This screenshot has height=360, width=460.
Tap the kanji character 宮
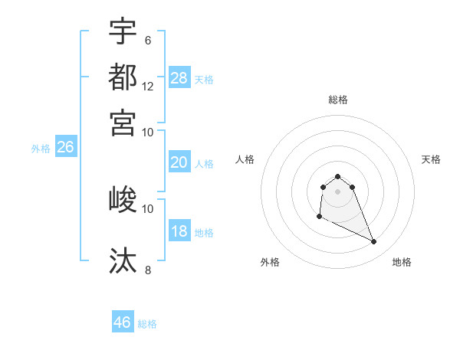[123, 123]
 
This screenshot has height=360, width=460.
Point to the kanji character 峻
[123, 200]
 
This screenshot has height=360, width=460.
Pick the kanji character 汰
[123, 260]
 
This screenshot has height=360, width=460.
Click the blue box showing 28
[179, 78]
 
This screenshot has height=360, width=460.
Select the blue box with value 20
[179, 162]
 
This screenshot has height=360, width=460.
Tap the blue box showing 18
[179, 232]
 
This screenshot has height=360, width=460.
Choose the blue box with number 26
[65, 148]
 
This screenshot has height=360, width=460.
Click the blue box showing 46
[123, 322]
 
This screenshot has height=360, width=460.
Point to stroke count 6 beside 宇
[148, 40]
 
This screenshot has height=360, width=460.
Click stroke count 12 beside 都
[148, 87]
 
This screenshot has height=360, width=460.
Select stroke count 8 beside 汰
[148, 270]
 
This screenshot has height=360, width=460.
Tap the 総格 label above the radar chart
[338, 100]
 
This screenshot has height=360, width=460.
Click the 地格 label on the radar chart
[402, 262]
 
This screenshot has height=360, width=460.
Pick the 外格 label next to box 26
[41, 149]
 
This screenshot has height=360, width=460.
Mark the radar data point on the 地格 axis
[374, 242]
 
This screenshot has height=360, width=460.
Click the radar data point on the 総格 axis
[337, 177]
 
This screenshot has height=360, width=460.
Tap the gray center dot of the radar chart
[337, 191]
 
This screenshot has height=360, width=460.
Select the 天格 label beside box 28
[204, 79]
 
